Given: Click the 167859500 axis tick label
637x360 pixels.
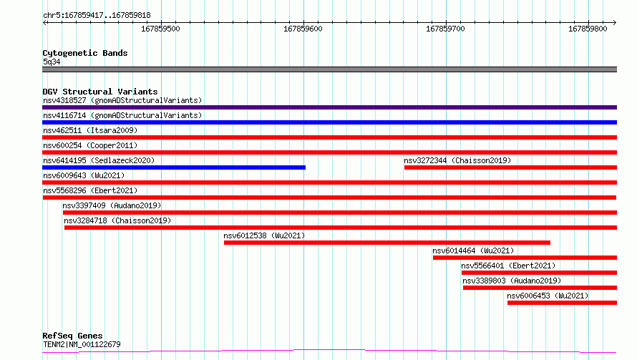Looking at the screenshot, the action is pyautogui.click(x=160, y=29).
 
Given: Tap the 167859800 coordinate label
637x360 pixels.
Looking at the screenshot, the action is pyautogui.click(x=588, y=29).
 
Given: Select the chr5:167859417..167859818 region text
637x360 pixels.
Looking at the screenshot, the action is pyautogui.click(x=97, y=15).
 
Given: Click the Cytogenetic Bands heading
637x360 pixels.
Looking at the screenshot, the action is pyautogui.click(x=85, y=53).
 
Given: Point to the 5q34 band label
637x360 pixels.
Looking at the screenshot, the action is pyautogui.click(x=52, y=62).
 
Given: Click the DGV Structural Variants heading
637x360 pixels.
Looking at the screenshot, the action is pyautogui.click(x=100, y=92).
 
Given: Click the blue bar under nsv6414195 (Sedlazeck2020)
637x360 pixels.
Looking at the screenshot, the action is pyautogui.click(x=174, y=167).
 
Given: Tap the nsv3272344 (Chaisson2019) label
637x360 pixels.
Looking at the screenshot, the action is pyautogui.click(x=457, y=160).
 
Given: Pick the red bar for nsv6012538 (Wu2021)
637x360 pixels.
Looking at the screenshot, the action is pyautogui.click(x=387, y=243).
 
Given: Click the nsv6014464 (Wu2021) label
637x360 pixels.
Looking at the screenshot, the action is pyautogui.click(x=473, y=250).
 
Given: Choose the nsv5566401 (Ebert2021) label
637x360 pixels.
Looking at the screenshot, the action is pyautogui.click(x=508, y=266).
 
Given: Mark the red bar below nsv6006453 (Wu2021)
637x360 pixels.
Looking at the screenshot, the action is pyautogui.click(x=563, y=303).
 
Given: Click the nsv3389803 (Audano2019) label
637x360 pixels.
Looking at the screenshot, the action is pyautogui.click(x=512, y=281).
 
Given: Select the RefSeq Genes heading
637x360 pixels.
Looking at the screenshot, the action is pyautogui.click(x=72, y=336).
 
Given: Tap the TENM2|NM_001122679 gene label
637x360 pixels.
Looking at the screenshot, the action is pyautogui.click(x=82, y=344).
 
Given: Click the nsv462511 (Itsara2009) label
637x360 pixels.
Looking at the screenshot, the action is pyautogui.click(x=90, y=130).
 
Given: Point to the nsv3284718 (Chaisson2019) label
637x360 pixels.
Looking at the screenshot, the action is pyautogui.click(x=117, y=220).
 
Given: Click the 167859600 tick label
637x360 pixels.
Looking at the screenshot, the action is pyautogui.click(x=303, y=29).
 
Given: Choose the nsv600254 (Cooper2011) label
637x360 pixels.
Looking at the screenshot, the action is pyautogui.click(x=90, y=145).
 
